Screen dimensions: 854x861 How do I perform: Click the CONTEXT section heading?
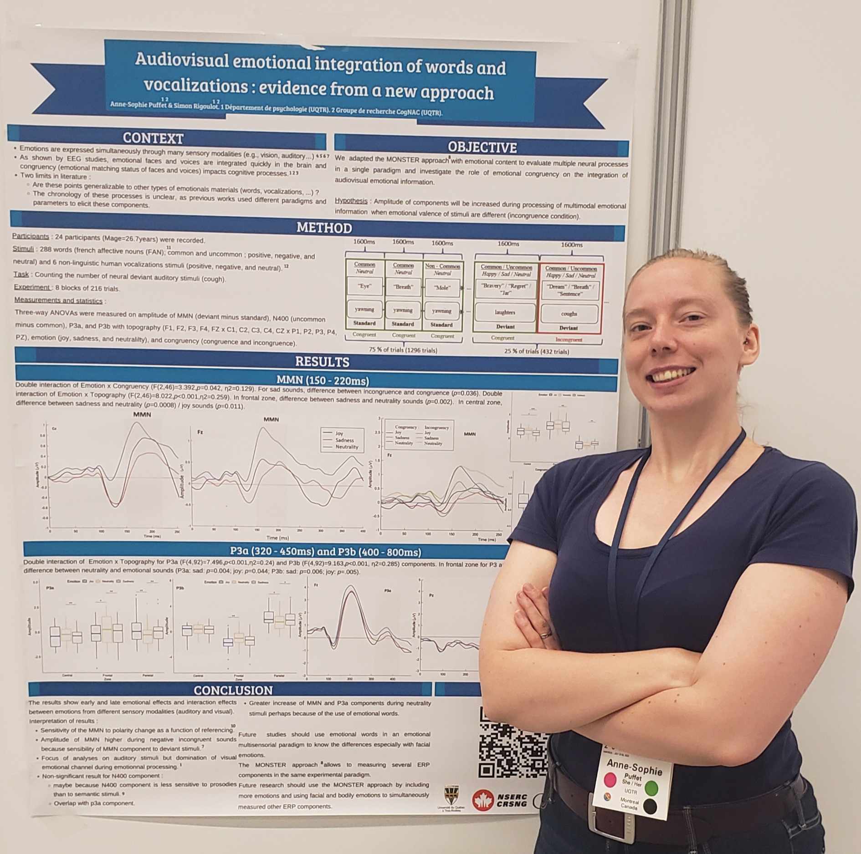tap(153, 138)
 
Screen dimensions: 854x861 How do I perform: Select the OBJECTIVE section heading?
tap(482, 147)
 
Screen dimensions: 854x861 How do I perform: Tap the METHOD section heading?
tap(324, 228)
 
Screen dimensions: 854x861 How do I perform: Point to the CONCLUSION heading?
tap(233, 690)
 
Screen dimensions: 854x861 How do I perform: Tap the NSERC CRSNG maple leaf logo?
tap(483, 800)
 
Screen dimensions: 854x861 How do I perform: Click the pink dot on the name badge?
tap(610, 779)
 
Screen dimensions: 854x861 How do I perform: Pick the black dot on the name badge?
tap(650, 806)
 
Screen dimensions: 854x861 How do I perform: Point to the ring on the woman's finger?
tap(544, 634)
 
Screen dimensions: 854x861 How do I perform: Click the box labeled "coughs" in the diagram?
tap(569, 314)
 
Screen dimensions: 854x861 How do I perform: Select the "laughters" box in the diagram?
tap(505, 312)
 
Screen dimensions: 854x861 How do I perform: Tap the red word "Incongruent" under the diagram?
tap(569, 340)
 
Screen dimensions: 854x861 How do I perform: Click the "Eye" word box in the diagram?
tap(364, 286)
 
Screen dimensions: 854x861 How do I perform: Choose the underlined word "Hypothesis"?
tap(351, 201)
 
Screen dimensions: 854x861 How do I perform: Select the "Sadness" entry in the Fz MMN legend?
tap(344, 440)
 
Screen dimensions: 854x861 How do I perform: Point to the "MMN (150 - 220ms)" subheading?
tap(323, 381)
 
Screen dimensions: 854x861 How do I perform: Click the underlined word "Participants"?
tap(31, 236)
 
